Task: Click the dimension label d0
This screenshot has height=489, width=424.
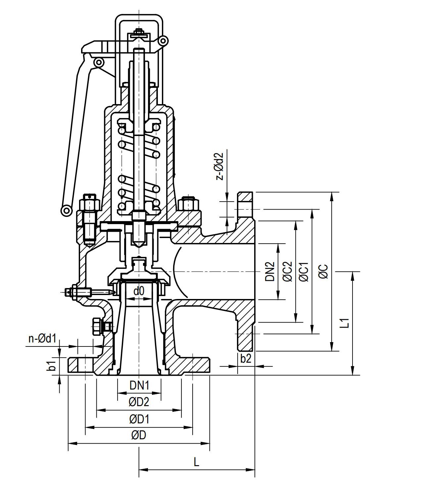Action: (x=139, y=291)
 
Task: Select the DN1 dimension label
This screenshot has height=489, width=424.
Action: (x=139, y=385)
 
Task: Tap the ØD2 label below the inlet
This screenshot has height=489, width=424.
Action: (x=139, y=402)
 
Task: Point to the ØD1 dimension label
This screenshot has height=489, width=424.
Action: (x=139, y=419)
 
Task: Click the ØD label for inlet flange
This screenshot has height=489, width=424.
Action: (x=138, y=435)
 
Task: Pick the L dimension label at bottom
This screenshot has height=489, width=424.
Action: (x=196, y=462)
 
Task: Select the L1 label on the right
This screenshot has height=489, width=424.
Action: (x=345, y=323)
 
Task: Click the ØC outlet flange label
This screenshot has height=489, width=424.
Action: (x=323, y=272)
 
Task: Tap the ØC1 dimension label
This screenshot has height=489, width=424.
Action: (x=304, y=272)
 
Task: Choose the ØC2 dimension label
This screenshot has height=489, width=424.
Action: (x=288, y=272)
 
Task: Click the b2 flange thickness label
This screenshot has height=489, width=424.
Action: (x=246, y=359)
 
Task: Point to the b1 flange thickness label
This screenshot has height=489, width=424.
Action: (x=52, y=366)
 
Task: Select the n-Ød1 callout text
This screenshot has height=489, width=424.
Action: (x=42, y=338)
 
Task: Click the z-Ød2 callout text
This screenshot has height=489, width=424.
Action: (x=220, y=166)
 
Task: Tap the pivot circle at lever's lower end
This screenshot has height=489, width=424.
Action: (x=67, y=210)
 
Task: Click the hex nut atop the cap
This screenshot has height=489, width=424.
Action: (x=139, y=33)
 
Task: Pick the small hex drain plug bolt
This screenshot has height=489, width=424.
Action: (x=97, y=327)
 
